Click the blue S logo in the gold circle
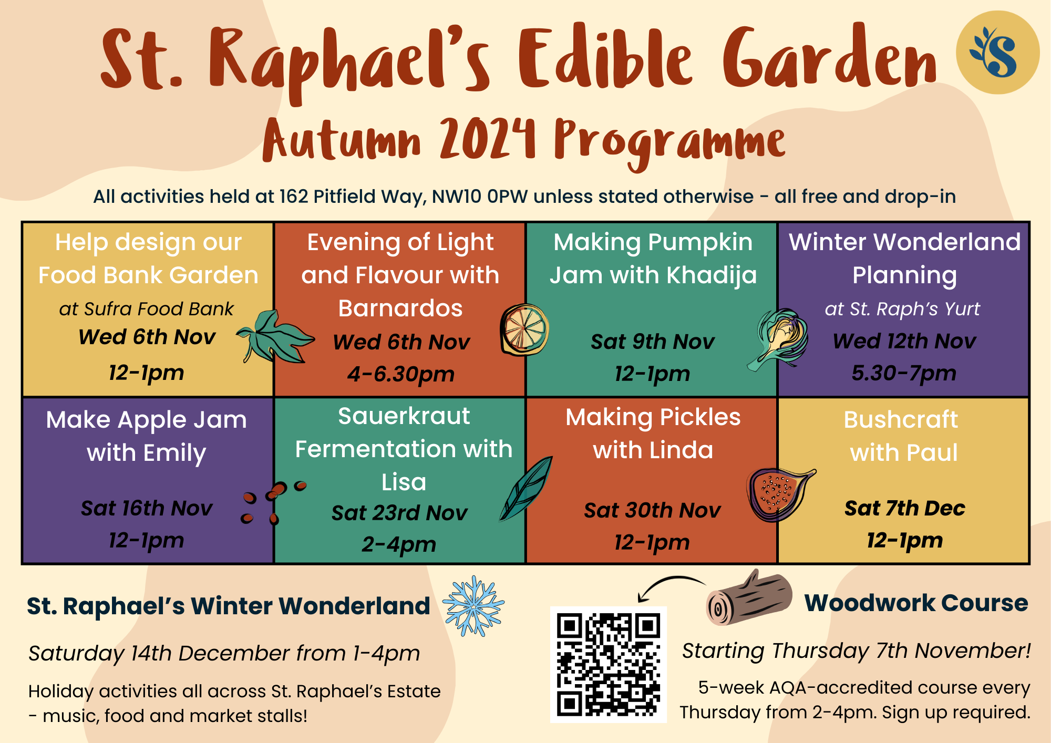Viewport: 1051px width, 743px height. tap(997, 53)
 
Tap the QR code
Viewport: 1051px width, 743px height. tap(608, 664)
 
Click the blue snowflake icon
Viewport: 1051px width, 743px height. tap(473, 606)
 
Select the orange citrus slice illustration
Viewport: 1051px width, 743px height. tap(524, 330)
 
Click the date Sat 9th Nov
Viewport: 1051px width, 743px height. tap(652, 342)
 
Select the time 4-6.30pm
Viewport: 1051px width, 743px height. tap(400, 374)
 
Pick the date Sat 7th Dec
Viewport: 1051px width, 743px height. tap(904, 508)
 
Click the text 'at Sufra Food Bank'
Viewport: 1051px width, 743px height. tap(146, 309)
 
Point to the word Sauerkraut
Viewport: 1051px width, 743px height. tap(404, 416)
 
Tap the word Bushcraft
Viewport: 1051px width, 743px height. tap(901, 420)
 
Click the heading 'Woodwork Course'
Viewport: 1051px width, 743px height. tap(916, 603)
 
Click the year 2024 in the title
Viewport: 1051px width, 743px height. tap(488, 139)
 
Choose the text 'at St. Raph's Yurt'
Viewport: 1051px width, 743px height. tap(902, 309)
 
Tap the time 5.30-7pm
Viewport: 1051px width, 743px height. tap(904, 373)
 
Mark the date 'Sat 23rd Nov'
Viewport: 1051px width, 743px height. tap(399, 513)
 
